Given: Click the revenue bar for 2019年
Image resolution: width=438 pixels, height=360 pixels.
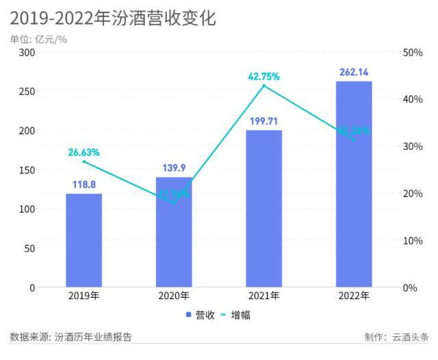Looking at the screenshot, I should click(x=83, y=240).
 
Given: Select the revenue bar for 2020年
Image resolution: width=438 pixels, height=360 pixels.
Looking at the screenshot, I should click(x=174, y=232).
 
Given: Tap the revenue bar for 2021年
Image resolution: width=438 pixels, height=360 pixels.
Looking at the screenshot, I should click(x=263, y=209).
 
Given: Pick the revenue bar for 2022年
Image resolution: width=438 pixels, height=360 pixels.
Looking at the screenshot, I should click(x=354, y=184).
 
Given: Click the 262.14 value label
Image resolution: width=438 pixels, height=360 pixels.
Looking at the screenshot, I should click(x=354, y=72).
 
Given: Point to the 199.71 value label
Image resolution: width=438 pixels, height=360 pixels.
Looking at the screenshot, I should click(x=263, y=121).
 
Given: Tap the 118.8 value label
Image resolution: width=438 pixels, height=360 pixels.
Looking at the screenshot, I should click(x=83, y=184).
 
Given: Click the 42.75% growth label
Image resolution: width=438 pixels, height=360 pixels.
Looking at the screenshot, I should click(x=263, y=77).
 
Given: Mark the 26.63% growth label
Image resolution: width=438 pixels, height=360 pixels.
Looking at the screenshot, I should click(x=83, y=153).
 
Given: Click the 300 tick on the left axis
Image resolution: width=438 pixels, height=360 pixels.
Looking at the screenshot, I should click(x=27, y=52).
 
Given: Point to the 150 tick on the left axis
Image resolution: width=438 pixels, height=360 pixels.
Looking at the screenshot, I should click(x=27, y=170).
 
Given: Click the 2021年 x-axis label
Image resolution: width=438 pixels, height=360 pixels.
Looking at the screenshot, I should click(x=263, y=296).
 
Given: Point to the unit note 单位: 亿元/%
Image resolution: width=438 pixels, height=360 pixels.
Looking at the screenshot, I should click(x=38, y=39).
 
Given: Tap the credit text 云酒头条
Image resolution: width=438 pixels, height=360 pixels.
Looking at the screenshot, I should click(x=409, y=337).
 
